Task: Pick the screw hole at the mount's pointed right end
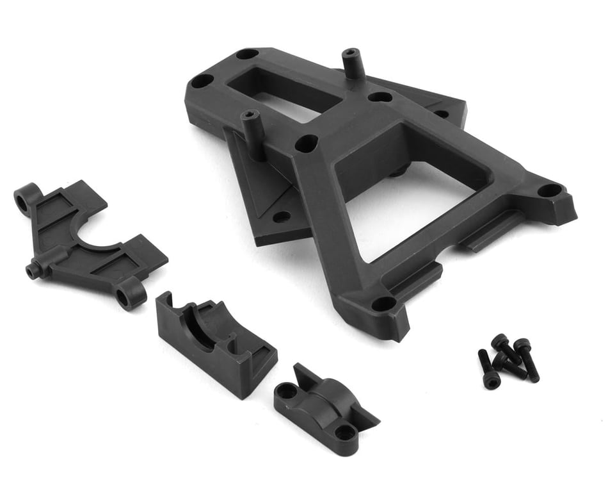[548, 190]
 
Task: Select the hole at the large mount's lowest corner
[383, 303]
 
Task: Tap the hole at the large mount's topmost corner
[246, 54]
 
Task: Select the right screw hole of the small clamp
[345, 432]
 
